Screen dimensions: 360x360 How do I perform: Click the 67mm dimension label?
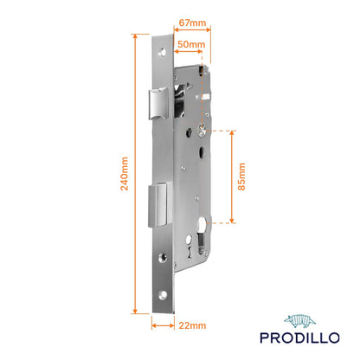point(192,22)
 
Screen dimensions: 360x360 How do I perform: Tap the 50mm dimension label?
point(191,44)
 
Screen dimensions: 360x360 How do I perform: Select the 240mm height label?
point(125,174)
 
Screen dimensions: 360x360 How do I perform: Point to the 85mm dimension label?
point(241,177)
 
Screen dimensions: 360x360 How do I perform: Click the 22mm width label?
point(192,325)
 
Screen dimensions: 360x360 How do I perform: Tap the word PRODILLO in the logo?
point(299,337)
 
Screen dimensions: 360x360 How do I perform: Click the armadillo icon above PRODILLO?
point(299,321)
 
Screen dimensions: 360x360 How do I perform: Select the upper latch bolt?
point(159,104)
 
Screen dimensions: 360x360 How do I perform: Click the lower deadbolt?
point(160,204)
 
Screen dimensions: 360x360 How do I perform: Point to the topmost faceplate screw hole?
point(163,53)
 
